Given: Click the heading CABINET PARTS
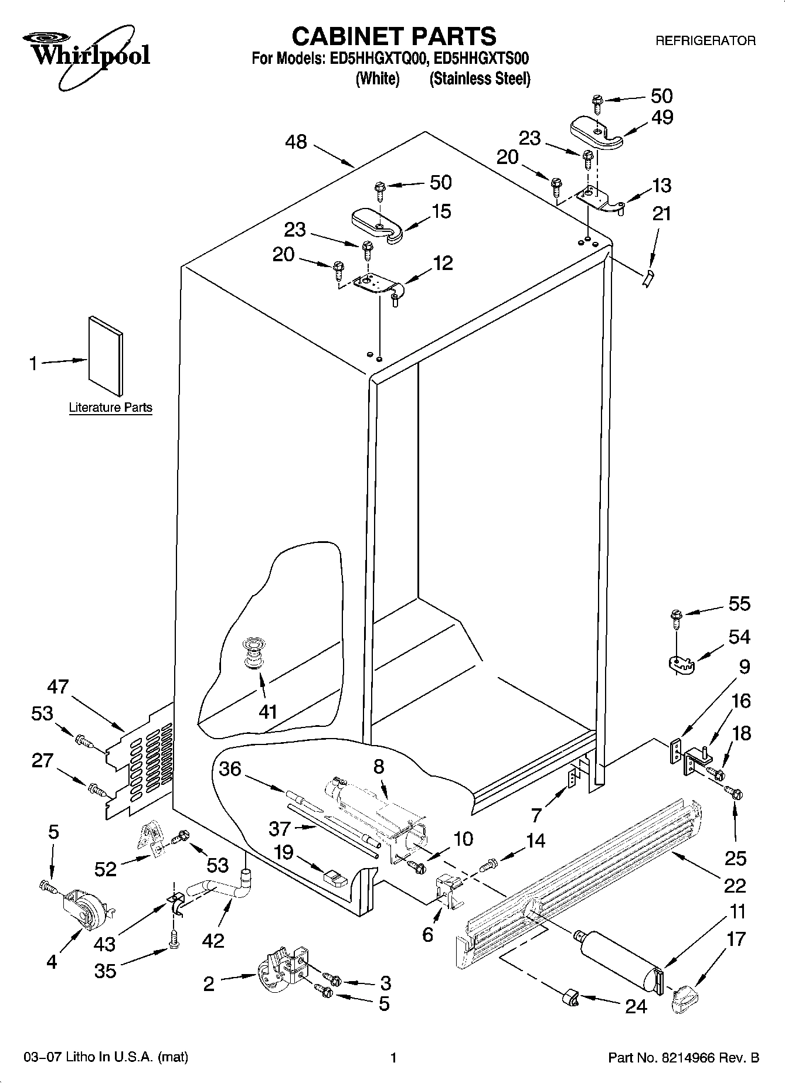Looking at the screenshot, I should pos(393,36).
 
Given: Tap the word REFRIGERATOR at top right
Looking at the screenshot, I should pos(705,41).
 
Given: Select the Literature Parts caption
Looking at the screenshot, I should pos(110,408).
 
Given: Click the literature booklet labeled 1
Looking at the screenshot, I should pos(106,356).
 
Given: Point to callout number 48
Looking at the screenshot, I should pos(297,142).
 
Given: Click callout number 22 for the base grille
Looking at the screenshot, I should pos(735,885).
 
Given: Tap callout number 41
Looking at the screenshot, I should pos(268,712).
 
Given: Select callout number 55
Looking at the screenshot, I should pos(739,603).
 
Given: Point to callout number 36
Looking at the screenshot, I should pos(230,768).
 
